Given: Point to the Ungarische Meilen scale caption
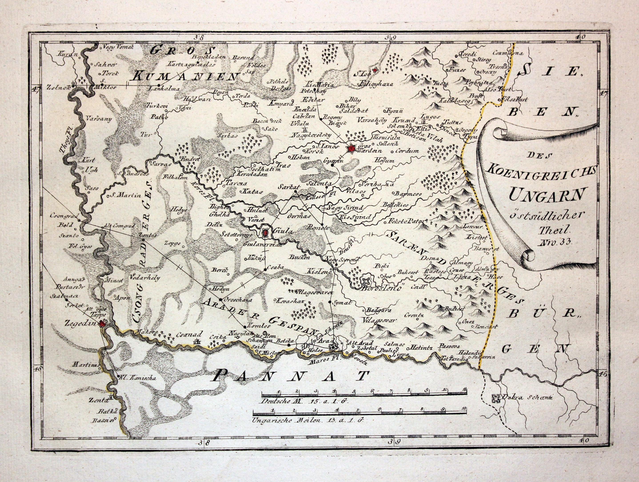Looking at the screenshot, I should point(306,420).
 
